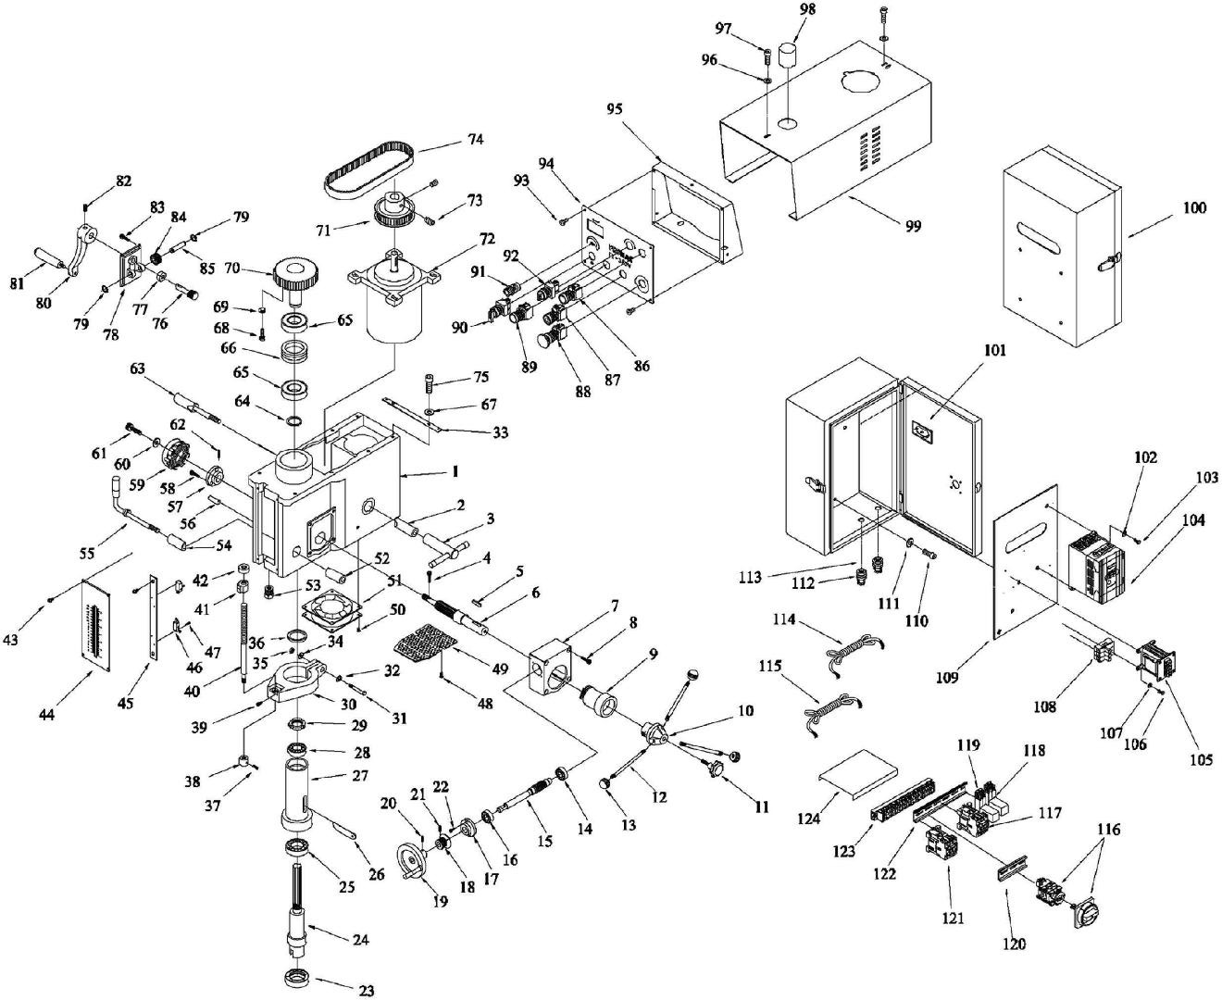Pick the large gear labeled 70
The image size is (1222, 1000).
tap(297, 273)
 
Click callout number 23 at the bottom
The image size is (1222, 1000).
tap(367, 990)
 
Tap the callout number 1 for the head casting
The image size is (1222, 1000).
tap(455, 471)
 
